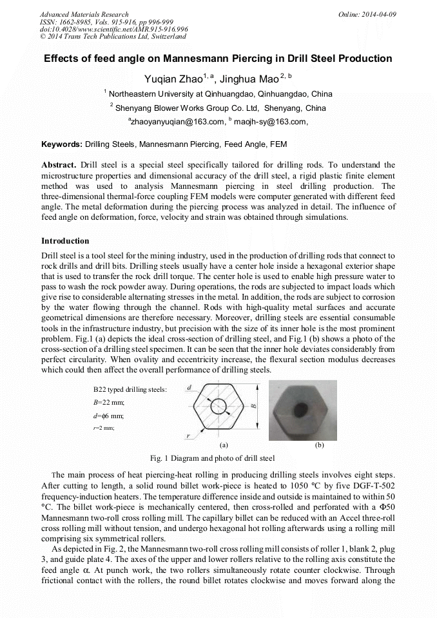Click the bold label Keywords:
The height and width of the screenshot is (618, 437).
coord(62,144)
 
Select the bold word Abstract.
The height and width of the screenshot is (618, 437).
coord(59,165)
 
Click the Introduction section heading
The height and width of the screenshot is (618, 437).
coord(65,241)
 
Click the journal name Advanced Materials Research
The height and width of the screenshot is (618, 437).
coord(84,14)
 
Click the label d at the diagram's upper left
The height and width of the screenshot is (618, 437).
coord(188,388)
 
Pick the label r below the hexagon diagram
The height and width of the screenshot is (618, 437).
coord(188,436)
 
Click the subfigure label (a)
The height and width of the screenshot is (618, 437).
coord(224,445)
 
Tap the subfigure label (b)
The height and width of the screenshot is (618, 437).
coord(319,445)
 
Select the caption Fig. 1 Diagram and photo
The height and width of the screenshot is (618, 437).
coord(212,458)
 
